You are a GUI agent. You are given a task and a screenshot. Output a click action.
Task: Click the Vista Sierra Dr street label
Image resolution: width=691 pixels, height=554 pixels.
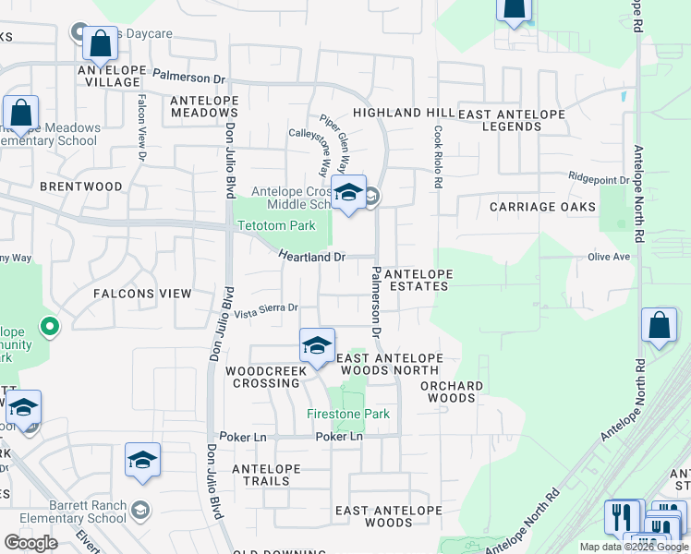tap(266, 311)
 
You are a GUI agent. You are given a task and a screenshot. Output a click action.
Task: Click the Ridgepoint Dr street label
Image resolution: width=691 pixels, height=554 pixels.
tap(598, 178)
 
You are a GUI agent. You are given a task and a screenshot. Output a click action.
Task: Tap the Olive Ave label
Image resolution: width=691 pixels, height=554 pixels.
tap(608, 258)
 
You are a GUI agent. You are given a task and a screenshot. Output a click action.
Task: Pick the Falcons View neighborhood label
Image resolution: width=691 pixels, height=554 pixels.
tap(142, 294)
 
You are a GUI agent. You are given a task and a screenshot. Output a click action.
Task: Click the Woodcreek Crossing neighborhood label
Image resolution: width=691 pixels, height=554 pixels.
tap(265, 377)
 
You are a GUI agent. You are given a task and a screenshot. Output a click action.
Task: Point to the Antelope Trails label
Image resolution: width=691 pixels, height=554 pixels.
tap(266, 475)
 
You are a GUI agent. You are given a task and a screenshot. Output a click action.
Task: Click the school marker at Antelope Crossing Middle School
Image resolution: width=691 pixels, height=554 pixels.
tap(348, 194)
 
